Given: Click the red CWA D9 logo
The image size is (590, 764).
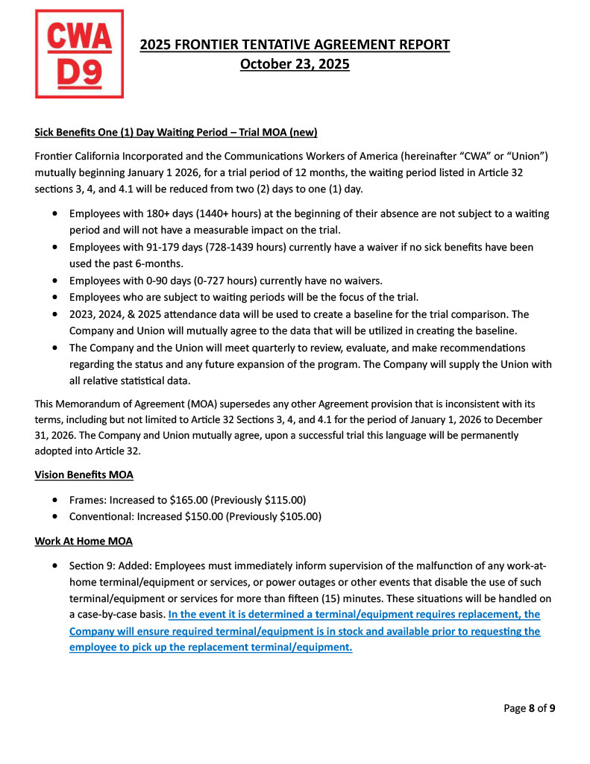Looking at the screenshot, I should (x=79, y=54).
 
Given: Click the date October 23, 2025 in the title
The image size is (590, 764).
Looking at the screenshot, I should (x=295, y=64).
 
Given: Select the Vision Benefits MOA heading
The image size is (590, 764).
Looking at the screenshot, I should (x=84, y=475).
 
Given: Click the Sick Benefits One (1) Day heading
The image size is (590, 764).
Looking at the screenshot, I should (x=176, y=133).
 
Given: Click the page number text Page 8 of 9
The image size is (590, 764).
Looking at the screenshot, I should (x=529, y=708).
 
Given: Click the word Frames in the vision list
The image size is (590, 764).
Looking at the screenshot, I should (x=87, y=499).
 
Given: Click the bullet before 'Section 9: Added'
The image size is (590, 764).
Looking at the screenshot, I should (x=56, y=565).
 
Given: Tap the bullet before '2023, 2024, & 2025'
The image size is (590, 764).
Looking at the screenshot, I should (x=56, y=314).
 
